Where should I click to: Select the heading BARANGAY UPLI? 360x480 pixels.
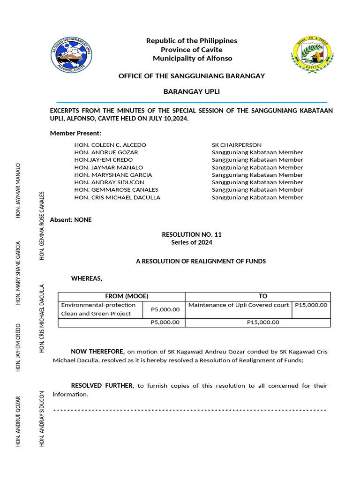pos(191,91)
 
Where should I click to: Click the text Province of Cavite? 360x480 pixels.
pos(192,50)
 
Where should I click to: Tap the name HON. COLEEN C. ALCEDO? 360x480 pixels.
pos(110,145)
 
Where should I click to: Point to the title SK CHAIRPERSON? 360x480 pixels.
pos(237,145)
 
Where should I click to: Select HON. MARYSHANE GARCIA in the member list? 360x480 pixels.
pos(113,175)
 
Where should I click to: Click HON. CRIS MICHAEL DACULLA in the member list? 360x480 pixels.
pos(117,197)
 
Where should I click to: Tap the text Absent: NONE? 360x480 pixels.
pos(71,220)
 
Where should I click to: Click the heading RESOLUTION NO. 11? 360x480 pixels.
pos(191,234)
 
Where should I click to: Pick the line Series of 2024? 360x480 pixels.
pos(191,242)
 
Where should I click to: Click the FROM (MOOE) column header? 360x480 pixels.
pos(121,296)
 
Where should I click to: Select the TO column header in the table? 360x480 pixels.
pos(262,296)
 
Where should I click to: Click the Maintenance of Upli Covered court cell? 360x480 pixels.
pos(239,305)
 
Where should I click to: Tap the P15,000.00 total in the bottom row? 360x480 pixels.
pos(262,322)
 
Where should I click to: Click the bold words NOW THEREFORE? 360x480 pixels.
pos(97,352)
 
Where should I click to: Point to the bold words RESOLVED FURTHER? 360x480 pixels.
pos(102,385)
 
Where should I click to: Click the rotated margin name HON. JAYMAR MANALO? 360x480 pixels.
pos(18,190)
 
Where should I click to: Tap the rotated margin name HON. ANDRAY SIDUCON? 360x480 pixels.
pos(42,418)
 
